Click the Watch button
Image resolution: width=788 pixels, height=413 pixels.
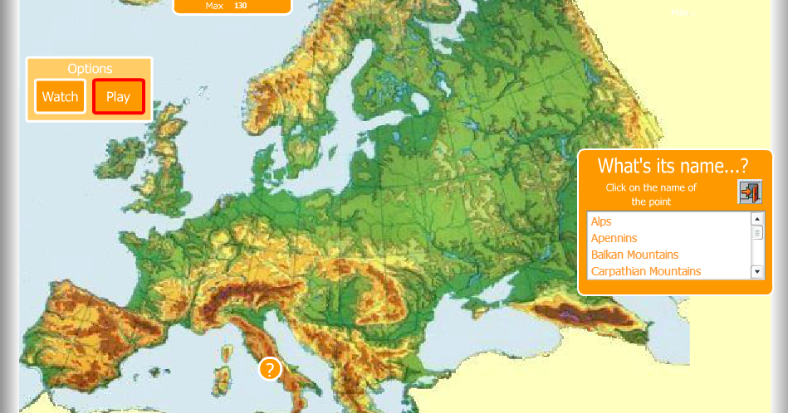click(60, 96)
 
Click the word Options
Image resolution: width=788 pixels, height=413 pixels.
click(90, 69)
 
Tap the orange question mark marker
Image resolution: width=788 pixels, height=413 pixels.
click(270, 369)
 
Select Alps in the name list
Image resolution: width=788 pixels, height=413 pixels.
click(601, 221)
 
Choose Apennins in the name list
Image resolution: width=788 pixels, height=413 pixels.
click(614, 238)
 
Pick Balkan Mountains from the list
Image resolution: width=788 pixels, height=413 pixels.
click(634, 255)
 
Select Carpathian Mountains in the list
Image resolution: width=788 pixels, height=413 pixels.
click(645, 271)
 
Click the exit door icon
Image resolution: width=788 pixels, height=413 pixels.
click(750, 192)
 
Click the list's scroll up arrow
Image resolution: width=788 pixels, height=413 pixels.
click(756, 219)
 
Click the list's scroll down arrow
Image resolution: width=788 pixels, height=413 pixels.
click(756, 271)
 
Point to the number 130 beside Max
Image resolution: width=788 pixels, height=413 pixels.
click(240, 6)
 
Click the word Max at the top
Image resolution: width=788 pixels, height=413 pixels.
click(214, 6)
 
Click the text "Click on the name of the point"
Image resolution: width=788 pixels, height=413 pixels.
click(651, 194)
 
